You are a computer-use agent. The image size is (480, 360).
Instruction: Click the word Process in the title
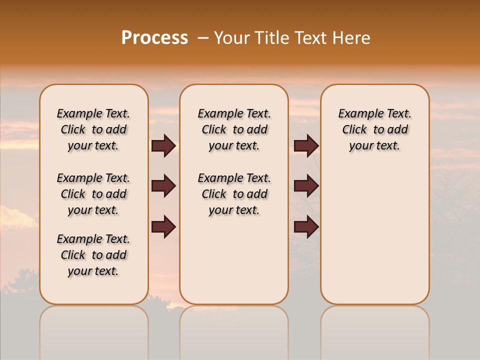(154, 38)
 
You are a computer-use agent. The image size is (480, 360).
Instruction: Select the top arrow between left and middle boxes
(163, 145)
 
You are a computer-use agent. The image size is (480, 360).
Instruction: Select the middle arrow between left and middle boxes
(163, 186)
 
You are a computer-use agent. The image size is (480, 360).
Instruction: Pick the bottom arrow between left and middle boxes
(163, 226)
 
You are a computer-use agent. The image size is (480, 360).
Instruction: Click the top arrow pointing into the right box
(306, 145)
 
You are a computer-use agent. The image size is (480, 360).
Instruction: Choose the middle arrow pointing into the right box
(306, 186)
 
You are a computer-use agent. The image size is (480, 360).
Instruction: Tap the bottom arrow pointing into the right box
(306, 226)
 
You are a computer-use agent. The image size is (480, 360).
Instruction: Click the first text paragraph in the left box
(93, 129)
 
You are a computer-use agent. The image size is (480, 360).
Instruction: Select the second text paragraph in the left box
(93, 194)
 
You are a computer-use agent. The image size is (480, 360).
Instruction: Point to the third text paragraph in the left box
(93, 255)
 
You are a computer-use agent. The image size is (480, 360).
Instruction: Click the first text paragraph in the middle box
(234, 129)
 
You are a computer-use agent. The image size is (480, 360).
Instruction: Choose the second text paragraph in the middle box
(234, 194)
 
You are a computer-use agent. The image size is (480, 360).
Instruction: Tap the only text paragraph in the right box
(374, 129)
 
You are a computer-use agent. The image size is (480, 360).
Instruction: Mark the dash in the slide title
(202, 38)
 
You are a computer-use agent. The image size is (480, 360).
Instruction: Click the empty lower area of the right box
(374, 235)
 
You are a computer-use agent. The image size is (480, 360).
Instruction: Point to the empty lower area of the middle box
(234, 260)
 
